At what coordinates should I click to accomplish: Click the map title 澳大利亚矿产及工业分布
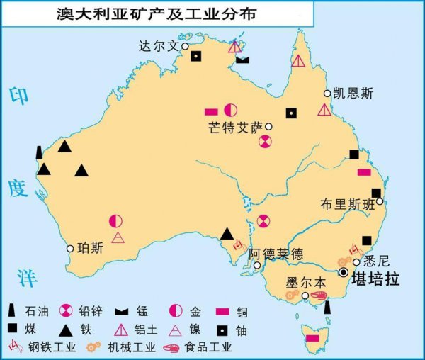pyautogui.click(x=157, y=13)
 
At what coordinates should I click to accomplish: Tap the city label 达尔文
pyautogui.click(x=159, y=46)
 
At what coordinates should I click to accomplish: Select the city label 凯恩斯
pyautogui.click(x=358, y=93)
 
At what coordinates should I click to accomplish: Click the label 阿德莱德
pyautogui.click(x=276, y=253)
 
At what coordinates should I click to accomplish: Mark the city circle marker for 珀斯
pyautogui.click(x=70, y=249)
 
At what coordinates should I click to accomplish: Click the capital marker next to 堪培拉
pyautogui.click(x=344, y=273)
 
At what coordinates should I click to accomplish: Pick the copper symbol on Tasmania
pyautogui.click(x=312, y=339)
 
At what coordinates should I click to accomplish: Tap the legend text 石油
pyautogui.click(x=37, y=310)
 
